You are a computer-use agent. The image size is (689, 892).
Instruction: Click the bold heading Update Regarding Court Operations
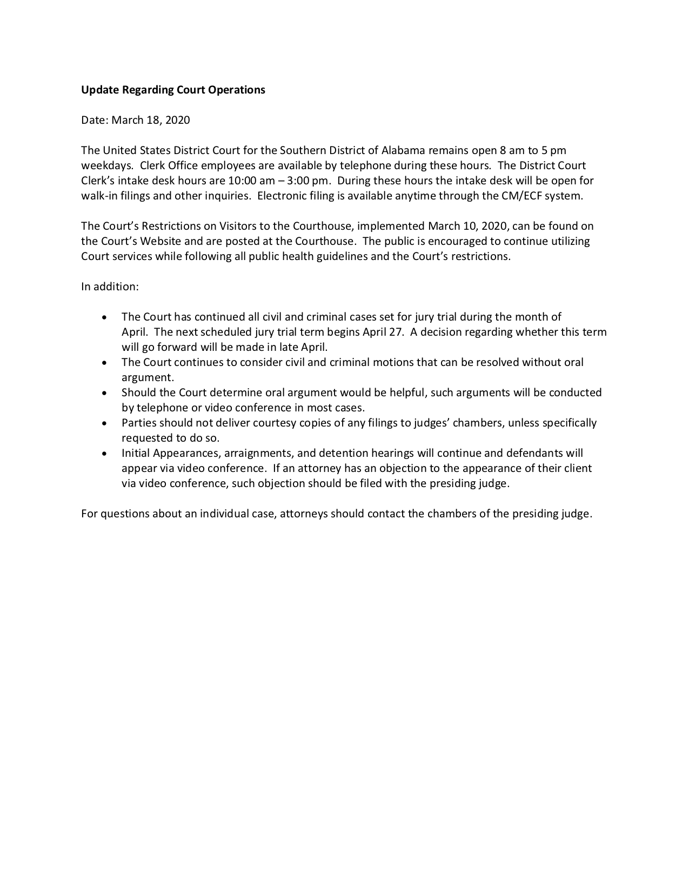click(173, 90)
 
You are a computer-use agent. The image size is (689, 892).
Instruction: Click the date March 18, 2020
click(151, 120)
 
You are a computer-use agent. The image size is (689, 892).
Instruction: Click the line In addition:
click(110, 287)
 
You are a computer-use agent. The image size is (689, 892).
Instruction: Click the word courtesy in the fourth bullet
click(278, 423)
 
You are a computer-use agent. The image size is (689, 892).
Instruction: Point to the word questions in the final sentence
click(125, 514)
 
